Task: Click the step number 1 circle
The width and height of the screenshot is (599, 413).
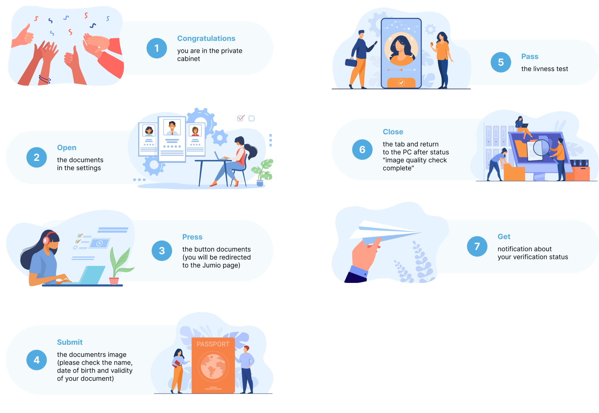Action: coord(157,48)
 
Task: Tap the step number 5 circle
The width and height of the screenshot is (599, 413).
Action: coord(501,62)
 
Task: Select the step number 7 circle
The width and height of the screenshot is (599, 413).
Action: coord(477,246)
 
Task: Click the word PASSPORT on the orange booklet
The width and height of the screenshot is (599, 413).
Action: coord(213,344)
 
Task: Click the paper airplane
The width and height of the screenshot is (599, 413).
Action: coord(385,232)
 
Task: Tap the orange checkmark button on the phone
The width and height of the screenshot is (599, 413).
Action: coord(401,82)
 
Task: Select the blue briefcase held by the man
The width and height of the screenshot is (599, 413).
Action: coord(351,63)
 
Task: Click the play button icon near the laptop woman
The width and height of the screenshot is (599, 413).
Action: coord(100,243)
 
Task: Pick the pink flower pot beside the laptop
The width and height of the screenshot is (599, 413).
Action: coord(114,281)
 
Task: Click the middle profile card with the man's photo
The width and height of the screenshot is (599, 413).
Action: coord(172,139)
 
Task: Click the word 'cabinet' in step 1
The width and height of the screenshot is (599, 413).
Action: coord(189,59)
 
